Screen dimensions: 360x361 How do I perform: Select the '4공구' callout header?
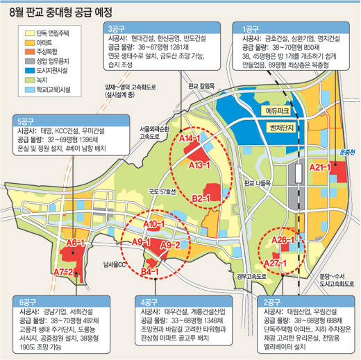pos(151,302)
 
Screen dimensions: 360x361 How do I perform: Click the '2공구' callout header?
pos(271,302)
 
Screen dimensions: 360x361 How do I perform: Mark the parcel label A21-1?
pos(319,168)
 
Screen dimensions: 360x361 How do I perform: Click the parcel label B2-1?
pos(201,199)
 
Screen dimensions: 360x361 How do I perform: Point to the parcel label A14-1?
pos(188,140)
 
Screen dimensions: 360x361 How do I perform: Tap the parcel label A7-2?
pos(63,271)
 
